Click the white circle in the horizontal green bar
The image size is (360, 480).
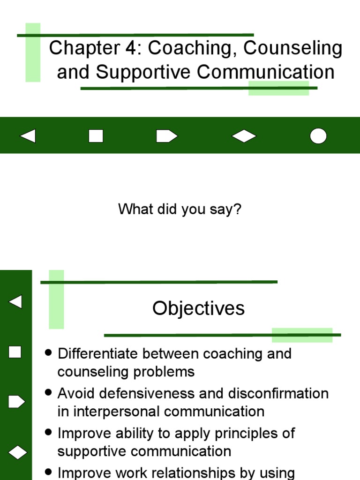pos(318,136)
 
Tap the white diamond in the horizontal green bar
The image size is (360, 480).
pos(244,136)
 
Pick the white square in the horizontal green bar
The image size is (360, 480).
pos(96,136)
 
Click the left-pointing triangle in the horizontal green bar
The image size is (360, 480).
pos(28,136)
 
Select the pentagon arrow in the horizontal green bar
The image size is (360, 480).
pos(166,136)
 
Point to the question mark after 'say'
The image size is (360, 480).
pos(237,209)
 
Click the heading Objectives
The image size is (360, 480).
pos(198,308)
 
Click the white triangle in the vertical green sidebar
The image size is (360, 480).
pos(15,301)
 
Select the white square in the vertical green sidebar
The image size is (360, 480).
pos(15,352)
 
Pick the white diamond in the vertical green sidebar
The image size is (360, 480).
pos(16,452)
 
